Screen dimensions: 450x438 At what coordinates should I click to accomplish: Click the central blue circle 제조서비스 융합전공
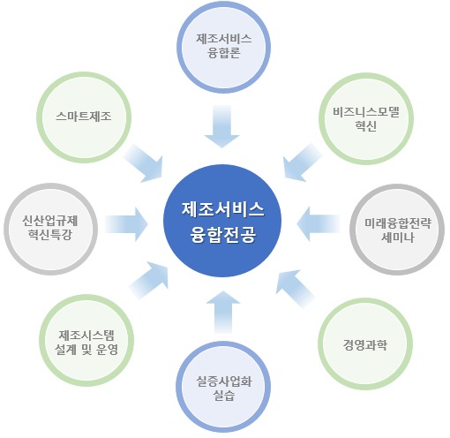tap(222, 221)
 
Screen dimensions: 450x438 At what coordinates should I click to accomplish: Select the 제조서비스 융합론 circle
tap(223, 47)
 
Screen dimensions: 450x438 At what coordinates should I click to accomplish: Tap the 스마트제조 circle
tap(84, 117)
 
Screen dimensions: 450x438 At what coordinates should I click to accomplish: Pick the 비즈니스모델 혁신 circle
tap(366, 118)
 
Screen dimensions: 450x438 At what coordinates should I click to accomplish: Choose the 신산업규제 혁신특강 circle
tap(50, 229)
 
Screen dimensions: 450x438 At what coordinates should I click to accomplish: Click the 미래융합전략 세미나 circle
tap(397, 230)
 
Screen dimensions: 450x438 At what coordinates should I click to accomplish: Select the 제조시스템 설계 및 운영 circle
tap(86, 340)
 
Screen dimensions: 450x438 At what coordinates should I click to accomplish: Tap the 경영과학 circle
tap(365, 344)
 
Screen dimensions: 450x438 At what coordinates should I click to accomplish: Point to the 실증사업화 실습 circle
tap(223, 387)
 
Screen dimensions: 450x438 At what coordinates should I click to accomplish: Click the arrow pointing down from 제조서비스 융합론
tap(222, 126)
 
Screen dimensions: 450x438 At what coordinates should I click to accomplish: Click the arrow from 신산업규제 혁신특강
tap(126, 224)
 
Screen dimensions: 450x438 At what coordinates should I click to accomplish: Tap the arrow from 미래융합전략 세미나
tap(318, 224)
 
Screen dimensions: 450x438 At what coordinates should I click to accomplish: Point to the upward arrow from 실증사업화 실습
tap(223, 312)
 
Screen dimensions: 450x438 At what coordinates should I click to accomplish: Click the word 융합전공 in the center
tap(223, 235)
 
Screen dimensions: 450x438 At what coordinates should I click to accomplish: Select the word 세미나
tap(398, 238)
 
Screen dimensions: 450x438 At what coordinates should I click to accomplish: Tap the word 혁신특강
tap(50, 235)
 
